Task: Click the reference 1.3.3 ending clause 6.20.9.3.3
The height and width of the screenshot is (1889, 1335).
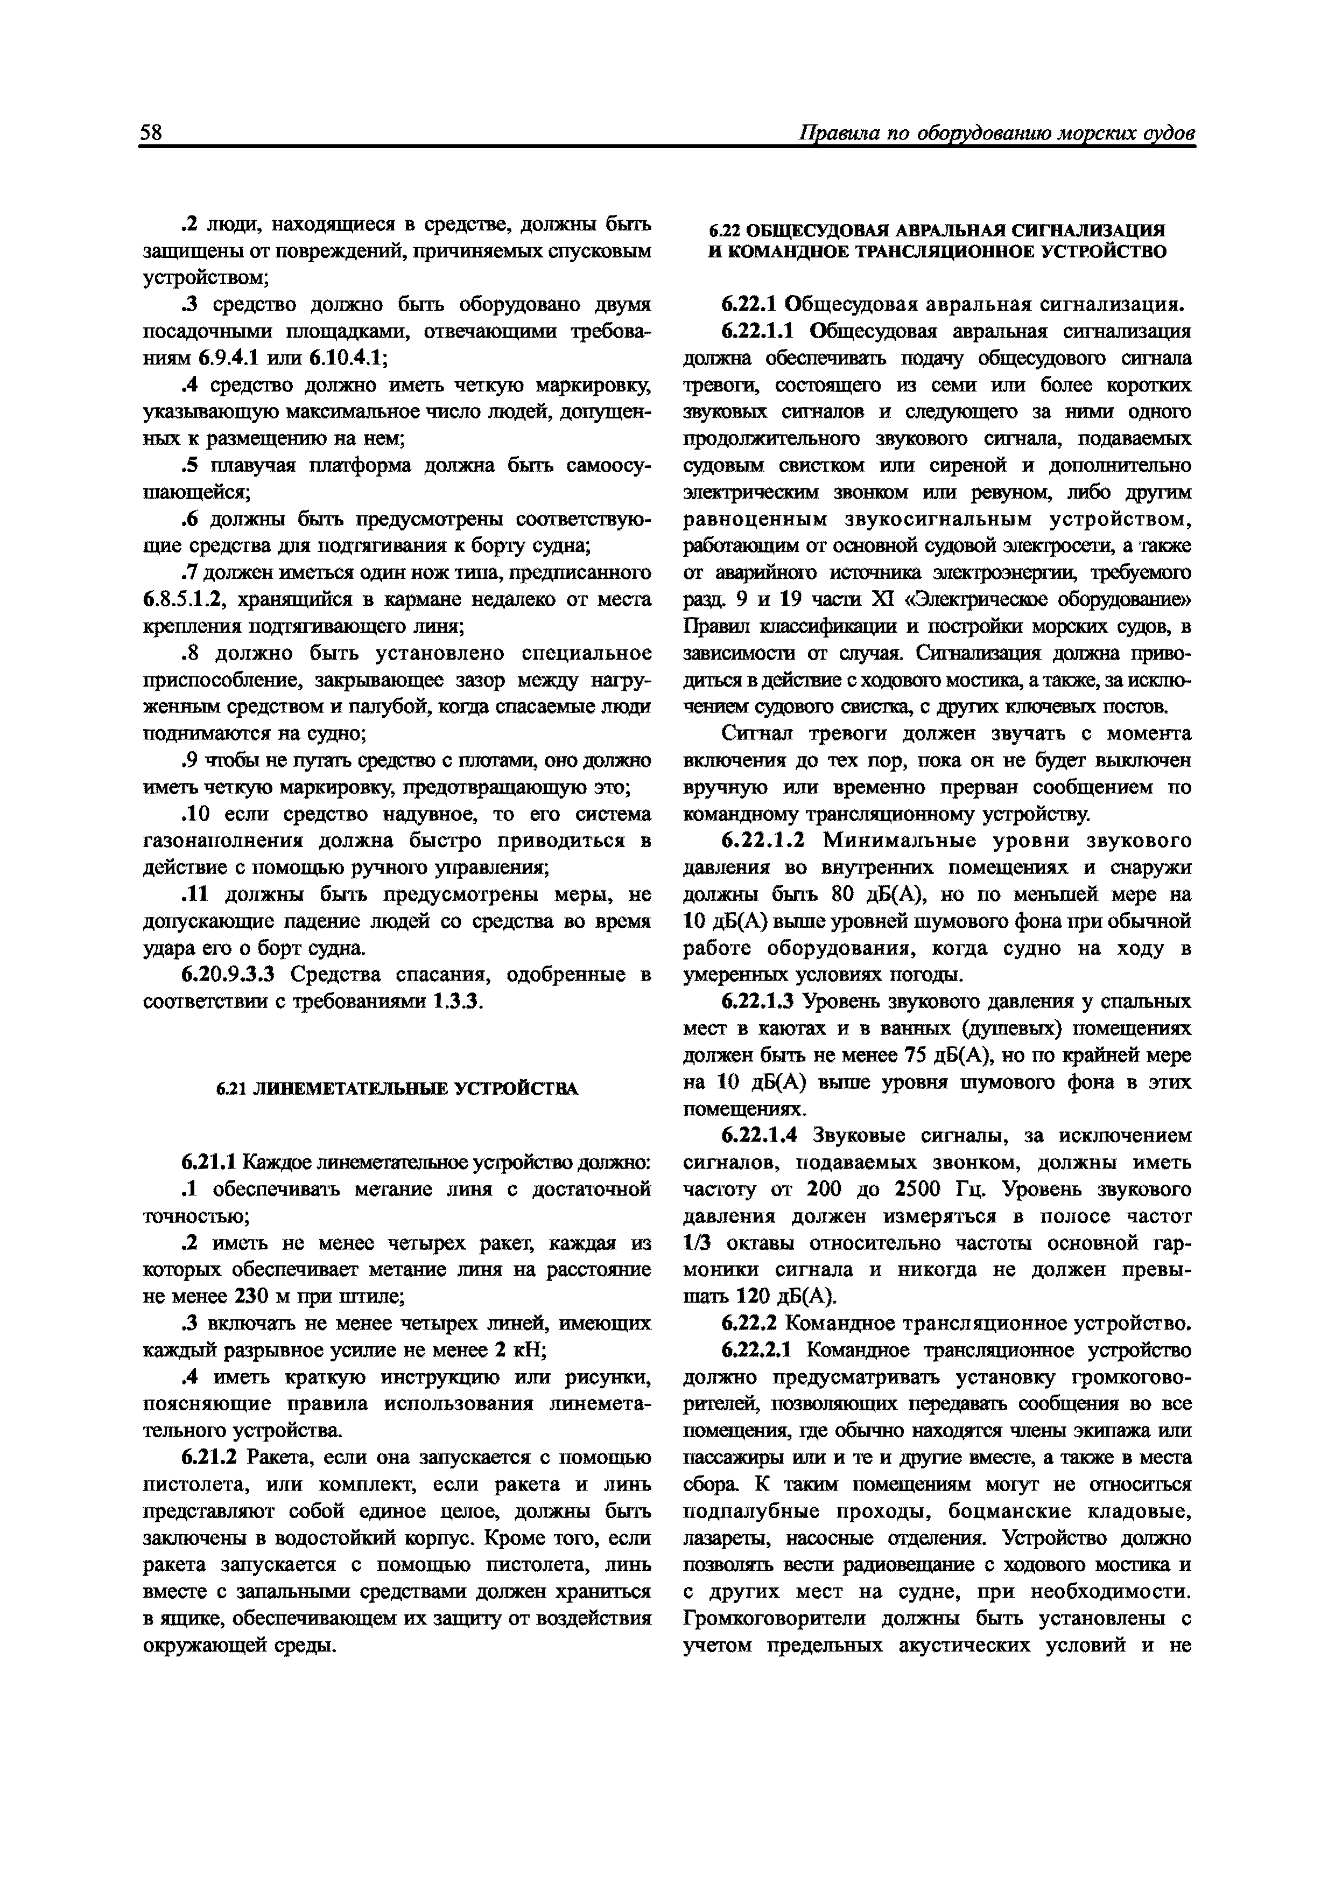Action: (x=459, y=1002)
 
